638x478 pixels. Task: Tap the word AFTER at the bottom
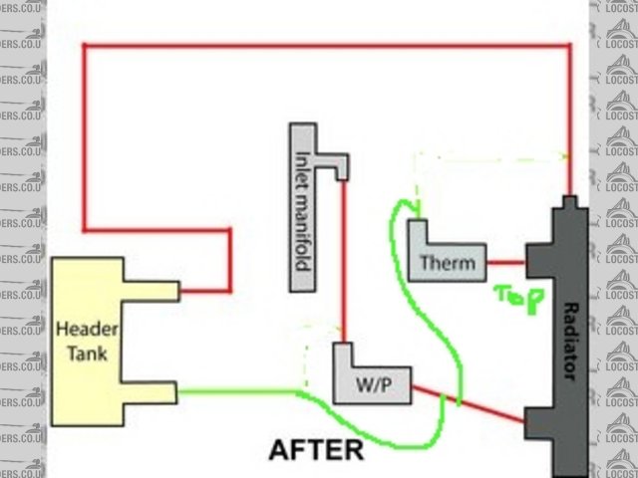click(316, 450)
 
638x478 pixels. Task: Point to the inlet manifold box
click(303, 209)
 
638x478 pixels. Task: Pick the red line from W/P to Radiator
click(469, 403)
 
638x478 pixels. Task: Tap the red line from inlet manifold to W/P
click(342, 259)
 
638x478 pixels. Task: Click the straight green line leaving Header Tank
click(239, 390)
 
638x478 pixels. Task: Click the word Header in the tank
click(83, 328)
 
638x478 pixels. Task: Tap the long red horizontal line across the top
click(329, 44)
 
